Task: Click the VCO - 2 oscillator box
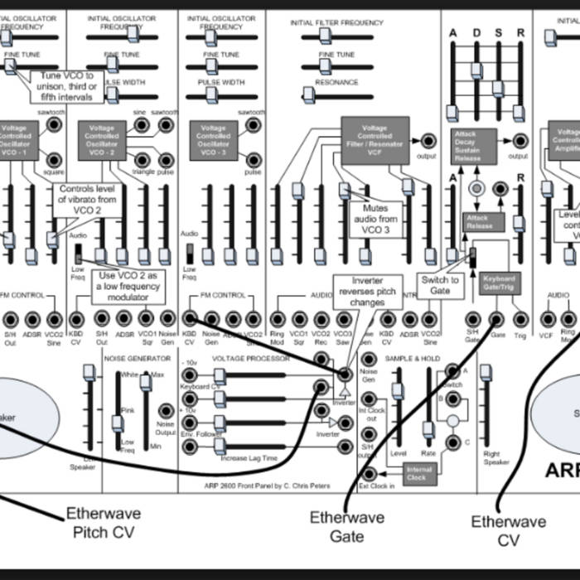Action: [103, 140]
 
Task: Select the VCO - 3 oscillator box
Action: [213, 140]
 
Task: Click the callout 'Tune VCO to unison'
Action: [67, 86]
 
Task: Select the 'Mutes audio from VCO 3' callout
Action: [375, 220]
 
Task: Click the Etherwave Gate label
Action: [347, 526]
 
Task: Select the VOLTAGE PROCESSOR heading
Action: [251, 358]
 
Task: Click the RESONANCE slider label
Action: [336, 82]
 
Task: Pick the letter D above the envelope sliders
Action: [476, 32]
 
